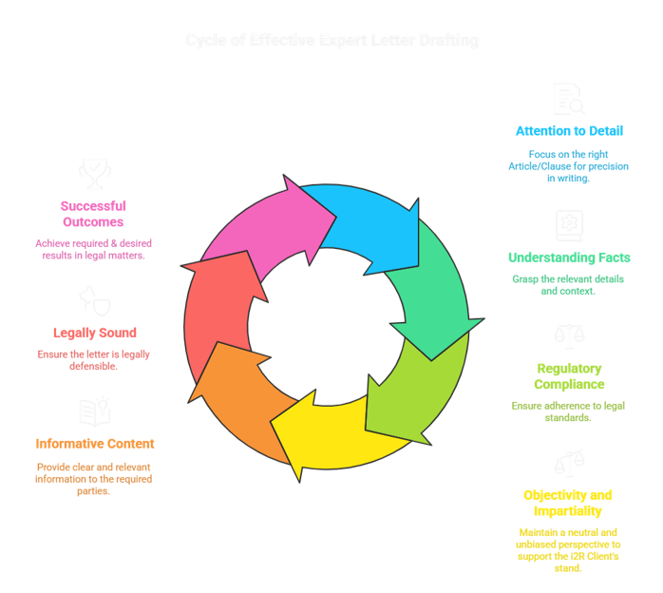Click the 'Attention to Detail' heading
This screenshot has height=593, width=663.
coord(569,131)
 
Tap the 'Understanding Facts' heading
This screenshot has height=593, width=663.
coord(569,258)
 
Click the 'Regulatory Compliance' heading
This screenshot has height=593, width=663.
coord(569,375)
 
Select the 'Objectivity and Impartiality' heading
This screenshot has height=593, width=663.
coord(568,503)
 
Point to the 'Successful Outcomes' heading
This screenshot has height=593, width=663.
coord(93,214)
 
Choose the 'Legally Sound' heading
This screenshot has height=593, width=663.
coord(94,333)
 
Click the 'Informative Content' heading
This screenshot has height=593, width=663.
coord(94,443)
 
